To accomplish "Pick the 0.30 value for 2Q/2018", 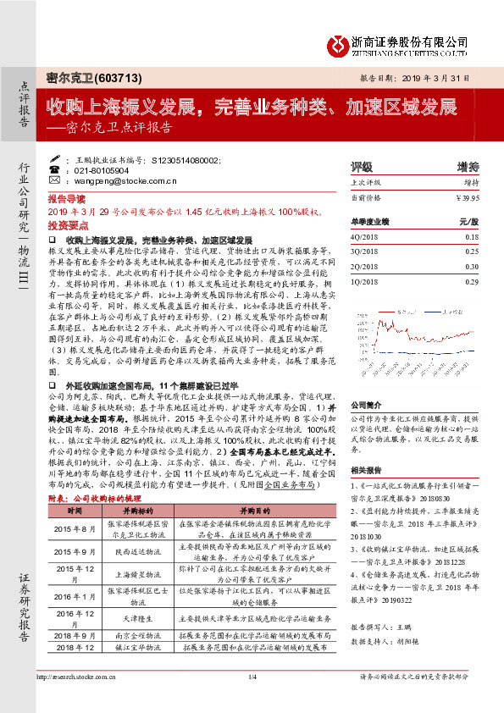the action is pyautogui.click(x=472, y=266).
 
